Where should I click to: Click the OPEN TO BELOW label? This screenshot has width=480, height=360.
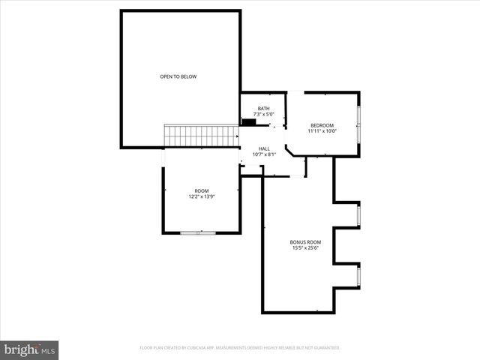[178, 76]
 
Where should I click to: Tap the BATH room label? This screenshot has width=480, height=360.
[263, 109]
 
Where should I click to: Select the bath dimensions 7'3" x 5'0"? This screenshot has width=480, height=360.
[263, 115]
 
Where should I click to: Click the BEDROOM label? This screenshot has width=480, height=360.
[322, 125]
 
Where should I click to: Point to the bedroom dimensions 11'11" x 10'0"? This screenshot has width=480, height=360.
[322, 131]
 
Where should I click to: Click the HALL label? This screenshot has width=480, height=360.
[264, 149]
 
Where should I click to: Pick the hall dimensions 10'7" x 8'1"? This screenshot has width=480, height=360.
[264, 155]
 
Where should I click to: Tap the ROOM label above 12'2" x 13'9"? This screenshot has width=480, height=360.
[202, 191]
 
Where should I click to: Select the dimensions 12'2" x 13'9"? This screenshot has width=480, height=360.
[202, 197]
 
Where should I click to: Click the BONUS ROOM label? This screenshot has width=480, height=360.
[305, 242]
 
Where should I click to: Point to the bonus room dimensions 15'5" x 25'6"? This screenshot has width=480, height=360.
[305, 248]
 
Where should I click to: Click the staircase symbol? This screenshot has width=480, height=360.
[201, 136]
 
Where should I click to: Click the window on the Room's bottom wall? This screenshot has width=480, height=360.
[198, 233]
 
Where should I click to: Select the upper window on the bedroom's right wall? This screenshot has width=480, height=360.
[358, 115]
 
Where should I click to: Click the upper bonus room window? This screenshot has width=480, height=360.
[358, 216]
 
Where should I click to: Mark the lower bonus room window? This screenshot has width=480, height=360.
[358, 276]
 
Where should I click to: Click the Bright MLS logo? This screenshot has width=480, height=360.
[29, 349]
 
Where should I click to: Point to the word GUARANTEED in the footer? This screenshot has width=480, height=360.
[327, 348]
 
